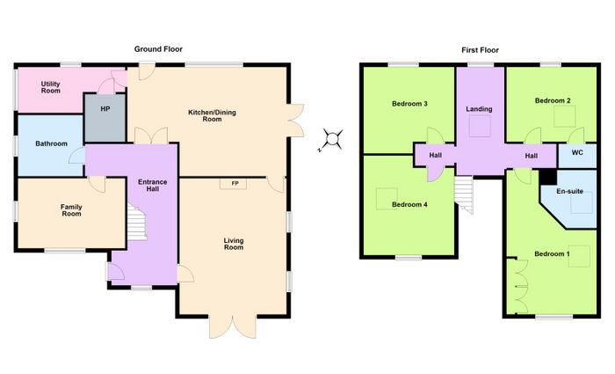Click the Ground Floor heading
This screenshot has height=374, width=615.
158,49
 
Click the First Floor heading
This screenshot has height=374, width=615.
480,50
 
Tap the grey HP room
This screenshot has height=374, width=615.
105,118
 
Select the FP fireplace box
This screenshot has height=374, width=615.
234,183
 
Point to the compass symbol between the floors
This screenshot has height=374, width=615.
332,139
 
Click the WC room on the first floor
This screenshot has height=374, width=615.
577,156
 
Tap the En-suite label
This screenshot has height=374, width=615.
569,191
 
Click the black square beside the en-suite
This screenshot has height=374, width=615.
548,177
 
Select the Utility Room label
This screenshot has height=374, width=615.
51,87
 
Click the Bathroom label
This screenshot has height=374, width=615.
51,143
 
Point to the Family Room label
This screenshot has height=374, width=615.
71,210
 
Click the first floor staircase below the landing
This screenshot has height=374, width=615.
464,194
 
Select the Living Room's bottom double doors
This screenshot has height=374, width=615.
233,326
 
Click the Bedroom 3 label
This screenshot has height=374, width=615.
409,104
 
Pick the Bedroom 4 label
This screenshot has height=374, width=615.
409,205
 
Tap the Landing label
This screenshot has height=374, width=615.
479,109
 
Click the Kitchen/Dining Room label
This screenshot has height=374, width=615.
213,115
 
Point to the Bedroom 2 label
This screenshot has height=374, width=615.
553,100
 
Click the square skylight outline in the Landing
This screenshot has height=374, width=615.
480,127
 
